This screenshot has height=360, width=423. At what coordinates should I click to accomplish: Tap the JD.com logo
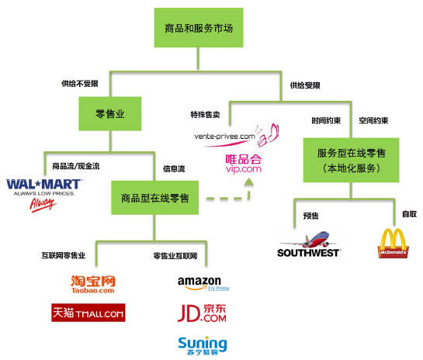(202, 313)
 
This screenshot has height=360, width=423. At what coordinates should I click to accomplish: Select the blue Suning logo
(202, 344)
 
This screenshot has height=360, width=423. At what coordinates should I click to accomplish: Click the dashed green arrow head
(249, 184)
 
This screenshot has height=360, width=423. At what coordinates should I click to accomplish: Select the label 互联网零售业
(64, 254)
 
